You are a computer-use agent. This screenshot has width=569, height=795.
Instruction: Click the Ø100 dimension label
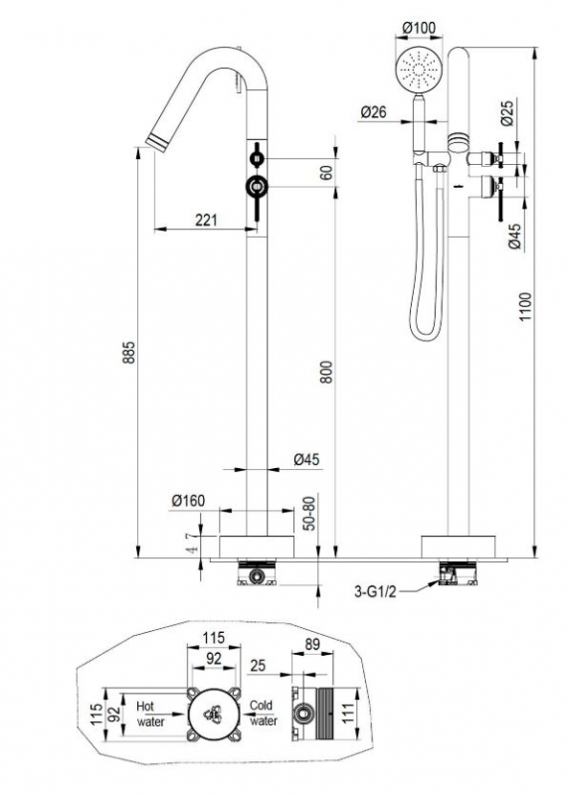419,29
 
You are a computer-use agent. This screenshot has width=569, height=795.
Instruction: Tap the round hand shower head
419,70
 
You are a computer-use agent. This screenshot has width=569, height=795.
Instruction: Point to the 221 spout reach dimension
207,220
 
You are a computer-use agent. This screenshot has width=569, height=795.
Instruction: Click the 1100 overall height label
525,306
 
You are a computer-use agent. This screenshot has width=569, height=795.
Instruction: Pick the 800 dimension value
327,372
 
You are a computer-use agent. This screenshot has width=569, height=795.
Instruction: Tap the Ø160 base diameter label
188,501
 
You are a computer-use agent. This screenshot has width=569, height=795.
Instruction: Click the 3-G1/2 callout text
376,591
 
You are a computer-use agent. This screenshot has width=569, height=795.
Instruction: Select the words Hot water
150,714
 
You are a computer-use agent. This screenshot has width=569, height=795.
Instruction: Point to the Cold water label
263,713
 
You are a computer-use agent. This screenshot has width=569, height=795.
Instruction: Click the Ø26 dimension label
373,112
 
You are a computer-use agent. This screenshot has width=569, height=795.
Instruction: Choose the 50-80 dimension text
309,513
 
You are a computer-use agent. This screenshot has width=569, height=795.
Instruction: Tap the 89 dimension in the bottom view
312,644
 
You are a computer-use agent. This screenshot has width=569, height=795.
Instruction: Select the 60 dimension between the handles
327,172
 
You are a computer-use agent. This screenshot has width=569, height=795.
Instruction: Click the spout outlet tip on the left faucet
157,142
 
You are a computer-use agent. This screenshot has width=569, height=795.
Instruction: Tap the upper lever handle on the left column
258,159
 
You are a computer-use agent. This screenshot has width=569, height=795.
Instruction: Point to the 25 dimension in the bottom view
258,665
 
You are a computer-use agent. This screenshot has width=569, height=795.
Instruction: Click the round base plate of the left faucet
257,546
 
